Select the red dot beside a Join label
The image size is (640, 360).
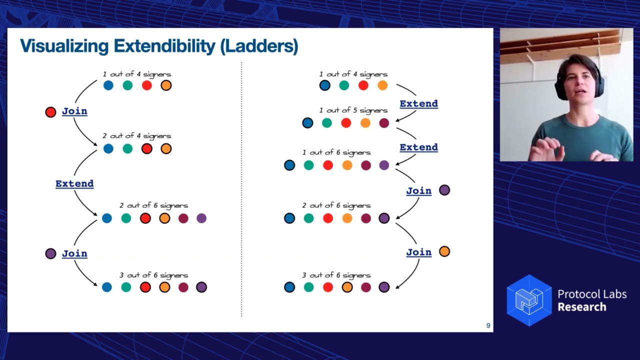tap(50, 112)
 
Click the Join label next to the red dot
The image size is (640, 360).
tap(74, 111)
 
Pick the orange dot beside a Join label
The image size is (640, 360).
tap(444, 251)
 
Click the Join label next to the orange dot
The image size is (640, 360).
tap(418, 252)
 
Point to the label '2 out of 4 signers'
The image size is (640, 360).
tap(136, 136)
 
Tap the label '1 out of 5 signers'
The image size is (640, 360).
tap(353, 110)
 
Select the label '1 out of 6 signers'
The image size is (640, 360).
tap(336, 152)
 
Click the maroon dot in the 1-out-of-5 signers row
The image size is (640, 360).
tap(384, 123)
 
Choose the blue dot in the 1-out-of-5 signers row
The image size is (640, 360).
tap(308, 123)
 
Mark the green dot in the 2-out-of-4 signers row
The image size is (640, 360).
tap(127, 148)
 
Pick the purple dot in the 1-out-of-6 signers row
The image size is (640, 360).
tap(384, 165)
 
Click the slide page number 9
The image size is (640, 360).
tap(488, 326)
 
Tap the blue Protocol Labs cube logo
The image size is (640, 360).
tap(529, 300)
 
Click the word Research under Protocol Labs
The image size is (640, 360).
tap(581, 307)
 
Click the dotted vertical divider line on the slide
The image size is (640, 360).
tap(241, 190)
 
